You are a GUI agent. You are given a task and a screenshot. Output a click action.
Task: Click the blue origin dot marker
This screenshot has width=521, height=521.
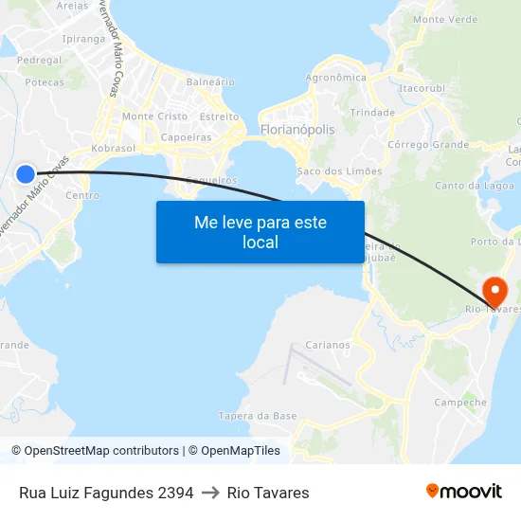tap(26, 173)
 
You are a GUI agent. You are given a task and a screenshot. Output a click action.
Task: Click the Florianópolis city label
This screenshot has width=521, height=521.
tap(296, 129)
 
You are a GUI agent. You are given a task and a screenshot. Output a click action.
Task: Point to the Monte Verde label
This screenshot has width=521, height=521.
tap(445, 19)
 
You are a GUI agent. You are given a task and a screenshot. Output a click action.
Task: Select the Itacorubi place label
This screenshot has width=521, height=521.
tap(422, 88)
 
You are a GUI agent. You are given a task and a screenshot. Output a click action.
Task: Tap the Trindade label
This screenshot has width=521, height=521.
tap(372, 112)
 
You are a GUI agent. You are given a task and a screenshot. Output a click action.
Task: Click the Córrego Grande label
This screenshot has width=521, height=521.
tap(428, 145)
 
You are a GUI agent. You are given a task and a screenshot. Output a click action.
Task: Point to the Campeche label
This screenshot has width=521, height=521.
tap(459, 403)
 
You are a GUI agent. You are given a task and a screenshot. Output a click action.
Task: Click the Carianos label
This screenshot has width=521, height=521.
tap(328, 345)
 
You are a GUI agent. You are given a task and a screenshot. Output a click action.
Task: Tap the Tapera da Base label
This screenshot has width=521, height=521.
tap(258, 416)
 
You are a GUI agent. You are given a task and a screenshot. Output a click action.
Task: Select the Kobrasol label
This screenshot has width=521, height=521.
tap(115, 149)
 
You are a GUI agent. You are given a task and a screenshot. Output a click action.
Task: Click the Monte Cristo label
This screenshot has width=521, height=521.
tap(154, 116)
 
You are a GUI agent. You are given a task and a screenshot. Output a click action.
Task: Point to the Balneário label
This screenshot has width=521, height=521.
tap(210, 81)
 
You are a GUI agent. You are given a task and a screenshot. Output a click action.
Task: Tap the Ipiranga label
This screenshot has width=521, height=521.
tap(83, 39)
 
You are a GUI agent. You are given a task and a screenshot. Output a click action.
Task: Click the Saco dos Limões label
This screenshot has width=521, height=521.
tap(339, 171)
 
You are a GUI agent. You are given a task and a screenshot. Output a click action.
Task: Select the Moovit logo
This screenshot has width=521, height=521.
tap(464, 491)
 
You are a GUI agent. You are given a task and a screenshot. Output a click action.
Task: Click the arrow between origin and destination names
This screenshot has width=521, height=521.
tap(210, 493)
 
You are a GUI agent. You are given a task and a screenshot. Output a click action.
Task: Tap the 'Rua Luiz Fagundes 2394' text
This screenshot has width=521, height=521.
tap(106, 493)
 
